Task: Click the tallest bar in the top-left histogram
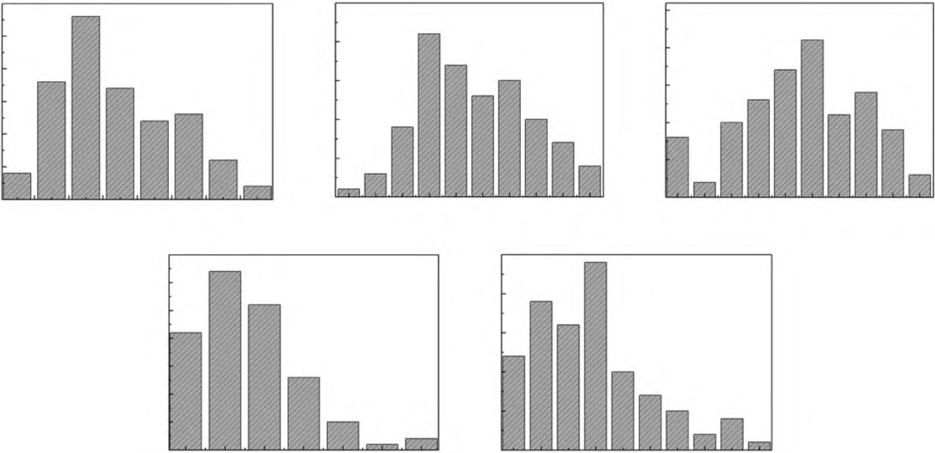tap(85, 107)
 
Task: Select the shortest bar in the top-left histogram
tap(258, 193)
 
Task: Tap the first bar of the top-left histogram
tap(17, 186)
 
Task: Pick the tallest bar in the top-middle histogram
tap(429, 115)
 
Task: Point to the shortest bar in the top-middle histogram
tap(348, 193)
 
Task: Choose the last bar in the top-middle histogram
tap(589, 182)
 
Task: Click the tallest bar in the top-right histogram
tap(812, 118)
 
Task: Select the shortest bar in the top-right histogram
tap(704, 190)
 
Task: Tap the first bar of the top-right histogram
tap(677, 167)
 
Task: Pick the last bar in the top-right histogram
tap(919, 186)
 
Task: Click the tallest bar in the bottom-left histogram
tap(225, 360)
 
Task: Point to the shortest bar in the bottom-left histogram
tap(382, 447)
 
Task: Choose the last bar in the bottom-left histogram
tap(422, 444)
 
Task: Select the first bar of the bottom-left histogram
tap(185, 391)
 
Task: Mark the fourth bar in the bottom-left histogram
tap(303, 413)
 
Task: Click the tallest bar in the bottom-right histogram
tap(596, 356)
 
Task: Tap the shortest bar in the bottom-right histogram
tap(759, 445)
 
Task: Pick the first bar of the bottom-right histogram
tap(513, 402)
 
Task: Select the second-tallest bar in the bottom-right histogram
tap(541, 375)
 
